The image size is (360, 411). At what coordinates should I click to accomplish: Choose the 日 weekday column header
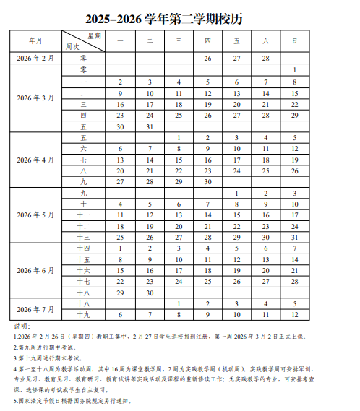pyautogui.click(x=294, y=40)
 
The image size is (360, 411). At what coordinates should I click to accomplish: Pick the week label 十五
pyautogui.click(x=83, y=259)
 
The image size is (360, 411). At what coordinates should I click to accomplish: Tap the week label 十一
pyautogui.click(x=83, y=215)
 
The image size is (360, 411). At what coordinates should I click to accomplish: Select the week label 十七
pyautogui.click(x=83, y=282)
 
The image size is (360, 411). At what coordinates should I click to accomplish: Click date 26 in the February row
pyautogui.click(x=207, y=58)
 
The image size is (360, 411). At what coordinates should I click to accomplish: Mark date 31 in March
pyautogui.click(x=149, y=126)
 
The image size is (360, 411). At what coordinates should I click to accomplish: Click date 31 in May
pyautogui.click(x=294, y=237)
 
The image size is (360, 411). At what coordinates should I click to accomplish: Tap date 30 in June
pyautogui.click(x=149, y=293)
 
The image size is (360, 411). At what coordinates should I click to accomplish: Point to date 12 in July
pyautogui.click(x=294, y=315)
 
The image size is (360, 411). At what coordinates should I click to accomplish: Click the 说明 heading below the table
pyautogui.click(x=22, y=326)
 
